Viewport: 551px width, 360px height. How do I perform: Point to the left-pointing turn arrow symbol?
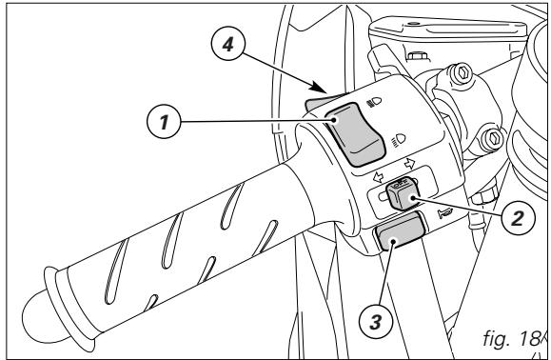(378, 173)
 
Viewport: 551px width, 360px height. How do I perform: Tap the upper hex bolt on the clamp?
(464, 69)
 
